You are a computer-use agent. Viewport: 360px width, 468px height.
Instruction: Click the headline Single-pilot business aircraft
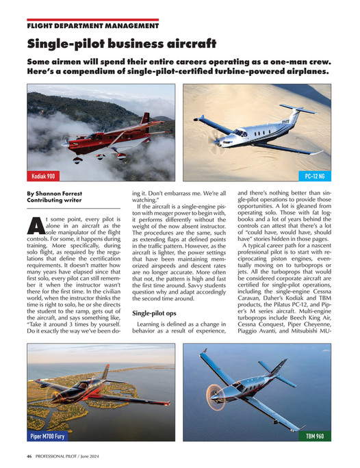point(121,44)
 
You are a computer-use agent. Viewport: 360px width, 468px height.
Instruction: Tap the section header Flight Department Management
point(92,26)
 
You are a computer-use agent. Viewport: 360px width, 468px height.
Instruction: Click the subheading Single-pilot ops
point(153,313)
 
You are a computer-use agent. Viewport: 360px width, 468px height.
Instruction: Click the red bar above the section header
point(92,20)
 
